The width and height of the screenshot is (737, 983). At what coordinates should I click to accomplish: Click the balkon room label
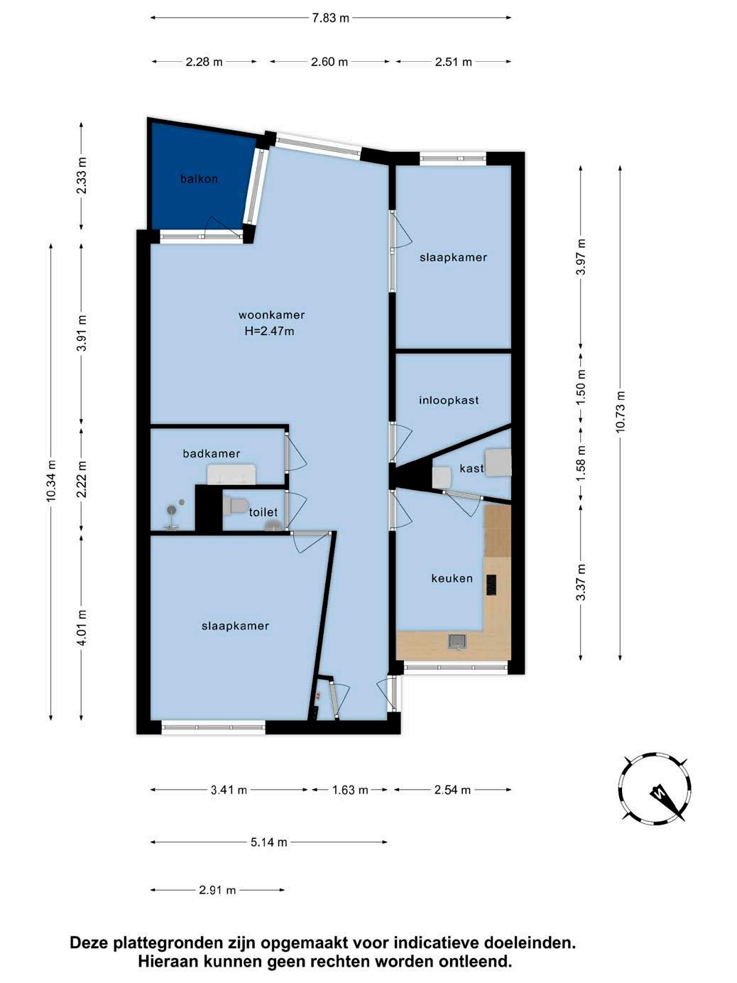(x=199, y=179)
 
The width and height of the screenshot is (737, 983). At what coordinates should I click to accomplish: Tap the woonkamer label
(x=271, y=315)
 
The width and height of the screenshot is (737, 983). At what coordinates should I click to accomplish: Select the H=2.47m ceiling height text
(x=269, y=332)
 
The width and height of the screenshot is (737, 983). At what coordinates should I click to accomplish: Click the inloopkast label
(x=449, y=400)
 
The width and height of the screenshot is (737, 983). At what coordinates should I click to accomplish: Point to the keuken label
(x=452, y=578)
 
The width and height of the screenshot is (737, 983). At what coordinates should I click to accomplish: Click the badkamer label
(x=212, y=454)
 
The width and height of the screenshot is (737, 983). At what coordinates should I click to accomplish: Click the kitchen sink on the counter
(x=457, y=641)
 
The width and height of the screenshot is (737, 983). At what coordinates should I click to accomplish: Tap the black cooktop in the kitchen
(x=491, y=585)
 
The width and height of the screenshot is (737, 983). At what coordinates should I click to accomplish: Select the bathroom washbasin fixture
(x=231, y=474)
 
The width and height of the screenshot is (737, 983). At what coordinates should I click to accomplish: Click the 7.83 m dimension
(x=331, y=18)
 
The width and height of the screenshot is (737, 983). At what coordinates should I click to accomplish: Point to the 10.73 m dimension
(x=621, y=413)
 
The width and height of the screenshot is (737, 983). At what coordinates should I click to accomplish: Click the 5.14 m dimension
(x=269, y=842)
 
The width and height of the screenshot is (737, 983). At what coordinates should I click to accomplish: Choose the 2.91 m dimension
(x=217, y=890)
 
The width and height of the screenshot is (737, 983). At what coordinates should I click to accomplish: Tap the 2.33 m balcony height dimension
(x=82, y=175)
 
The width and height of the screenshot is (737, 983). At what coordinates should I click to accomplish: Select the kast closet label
(x=471, y=469)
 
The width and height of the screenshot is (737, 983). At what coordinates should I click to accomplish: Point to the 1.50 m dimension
(x=581, y=387)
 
